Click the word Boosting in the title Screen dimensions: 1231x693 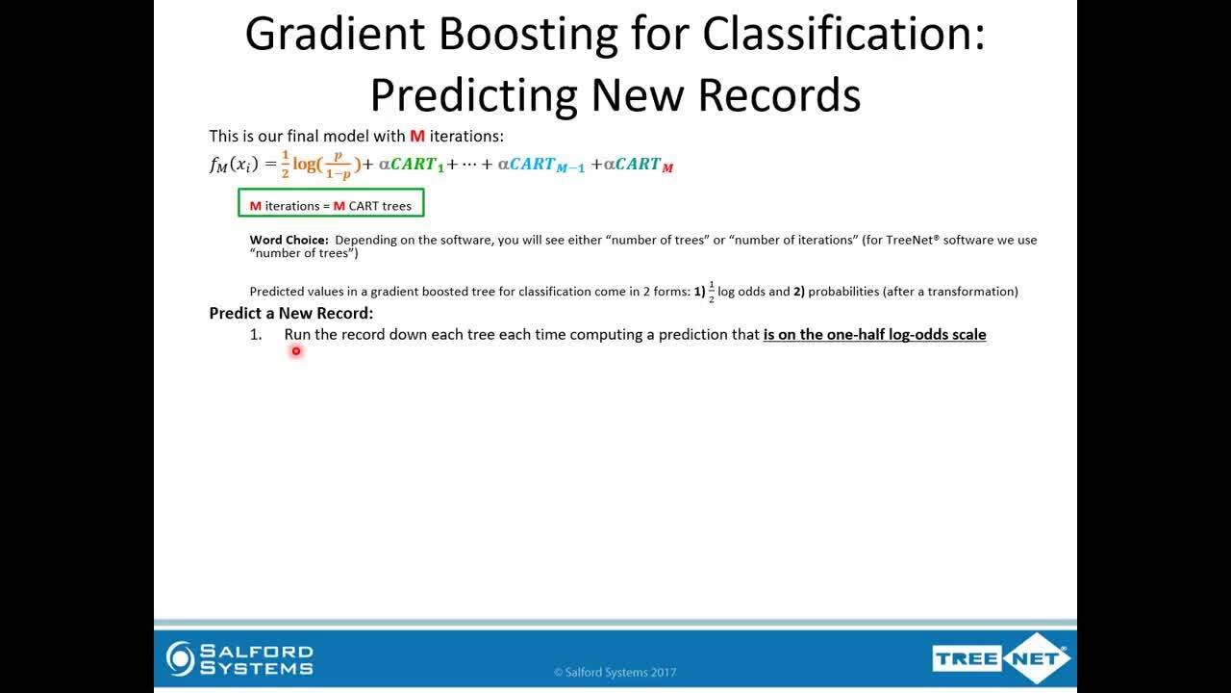point(528,35)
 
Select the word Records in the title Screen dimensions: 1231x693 point(779,95)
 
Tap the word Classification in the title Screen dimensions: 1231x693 point(843,33)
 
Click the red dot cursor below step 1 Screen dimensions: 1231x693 point(296,351)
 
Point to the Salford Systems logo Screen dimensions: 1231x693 point(239,659)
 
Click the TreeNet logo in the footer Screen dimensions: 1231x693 point(1001,658)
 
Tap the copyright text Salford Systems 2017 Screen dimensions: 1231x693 point(615,672)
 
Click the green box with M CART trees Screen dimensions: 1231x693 point(331,202)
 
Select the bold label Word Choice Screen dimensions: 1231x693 point(289,240)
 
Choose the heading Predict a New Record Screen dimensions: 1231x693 point(291,313)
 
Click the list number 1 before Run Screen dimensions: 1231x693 point(256,334)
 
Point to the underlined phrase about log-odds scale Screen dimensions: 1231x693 point(874,334)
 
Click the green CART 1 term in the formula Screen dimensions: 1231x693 point(416,165)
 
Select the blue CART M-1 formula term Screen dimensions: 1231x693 point(547,165)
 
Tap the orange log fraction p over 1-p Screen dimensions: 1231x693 point(338,165)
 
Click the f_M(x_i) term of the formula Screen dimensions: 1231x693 point(234,165)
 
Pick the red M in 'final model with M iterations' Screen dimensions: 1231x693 point(417,136)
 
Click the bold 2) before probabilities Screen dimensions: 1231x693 point(799,292)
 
